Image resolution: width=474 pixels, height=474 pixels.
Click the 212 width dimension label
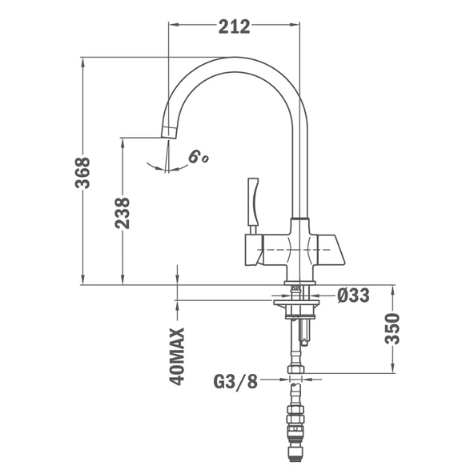point(235,26)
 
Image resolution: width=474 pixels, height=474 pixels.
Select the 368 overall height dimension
point(82,173)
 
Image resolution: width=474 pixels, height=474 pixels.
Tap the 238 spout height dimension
point(123,213)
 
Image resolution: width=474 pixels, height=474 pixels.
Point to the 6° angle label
point(198,157)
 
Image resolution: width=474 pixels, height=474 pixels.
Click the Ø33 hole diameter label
point(353,295)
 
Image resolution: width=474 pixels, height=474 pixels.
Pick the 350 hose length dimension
point(392,329)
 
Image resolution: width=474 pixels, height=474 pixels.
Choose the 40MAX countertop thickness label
point(177,356)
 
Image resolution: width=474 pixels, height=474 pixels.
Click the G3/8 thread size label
point(235,381)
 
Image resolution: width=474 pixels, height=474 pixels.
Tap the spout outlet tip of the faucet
point(168,132)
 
